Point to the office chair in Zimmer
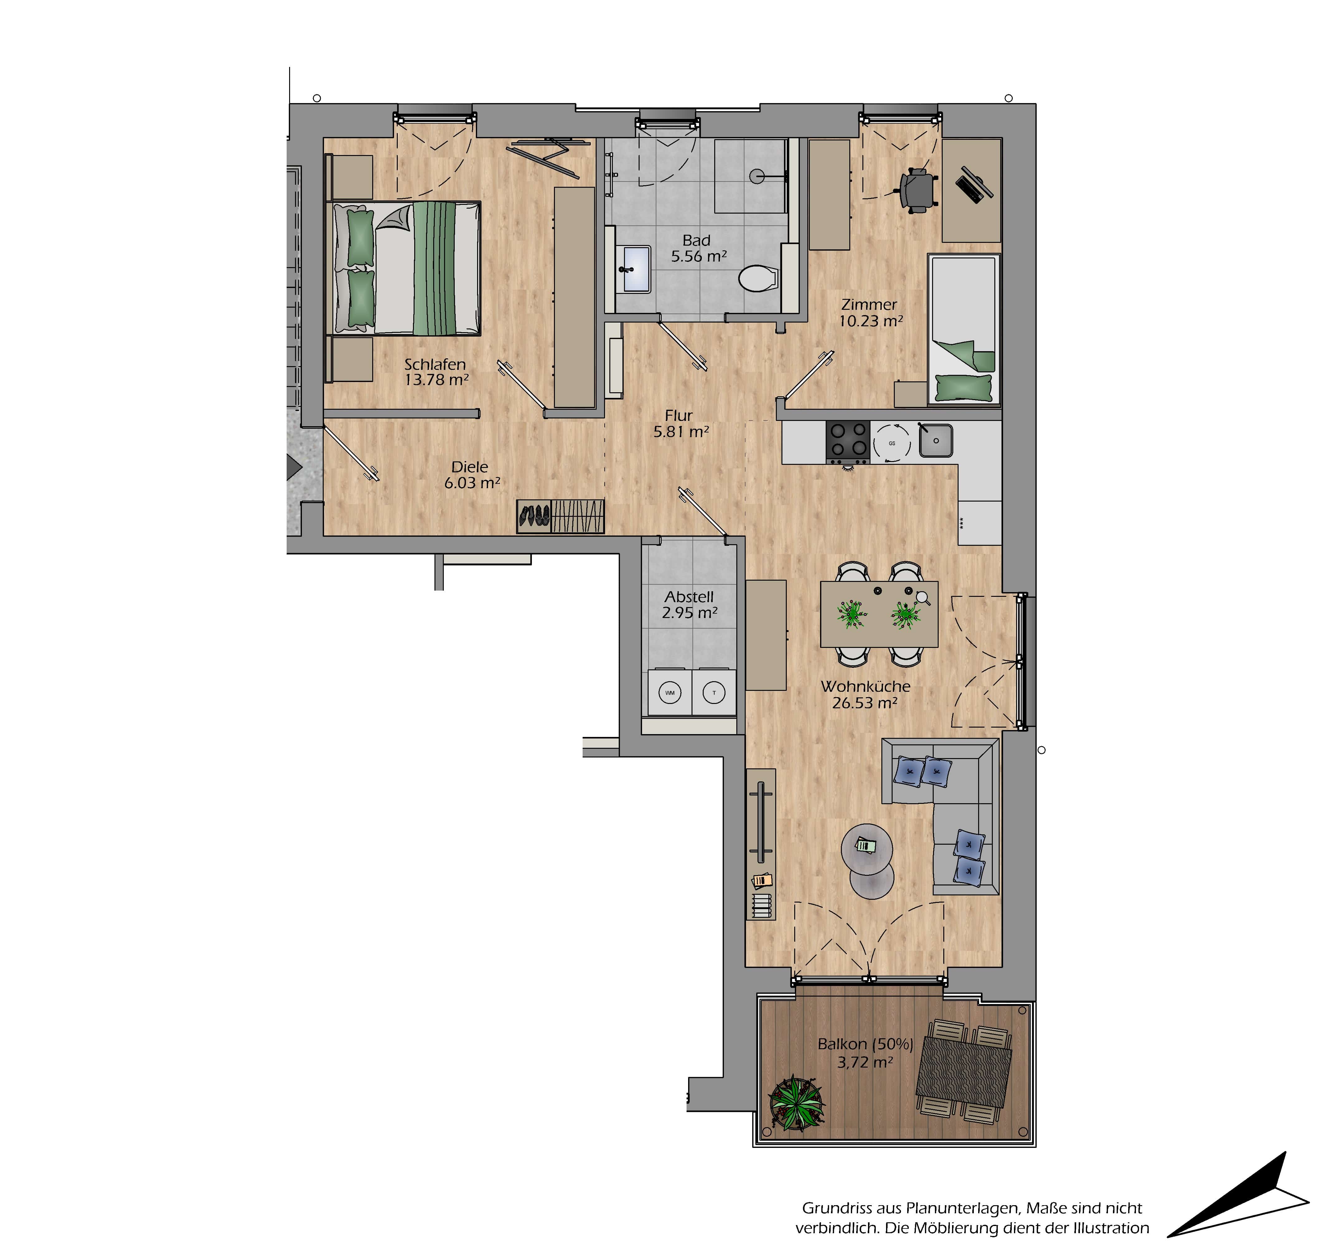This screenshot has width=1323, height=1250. (919, 190)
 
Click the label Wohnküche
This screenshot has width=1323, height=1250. (865, 686)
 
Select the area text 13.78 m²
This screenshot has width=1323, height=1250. (436, 380)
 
